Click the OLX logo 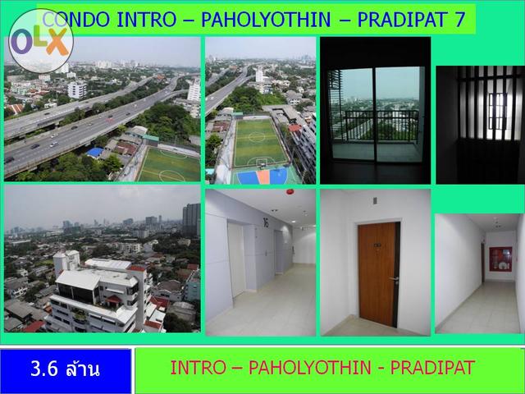tap(41, 41)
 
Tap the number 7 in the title tap(459, 19)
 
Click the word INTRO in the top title tap(146, 19)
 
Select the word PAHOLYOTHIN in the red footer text tap(310, 368)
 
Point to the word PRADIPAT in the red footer tap(432, 368)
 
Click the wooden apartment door tap(379, 274)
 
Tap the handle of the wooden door tap(393, 279)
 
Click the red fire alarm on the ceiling tap(290, 192)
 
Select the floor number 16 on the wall tap(266, 222)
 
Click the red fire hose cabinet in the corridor tap(500, 259)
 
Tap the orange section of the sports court tap(263, 176)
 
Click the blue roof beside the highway tap(95, 153)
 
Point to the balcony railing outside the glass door tap(381, 126)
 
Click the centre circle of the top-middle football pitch tap(257, 137)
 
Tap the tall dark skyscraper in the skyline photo tap(191, 219)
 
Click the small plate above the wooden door tap(375, 200)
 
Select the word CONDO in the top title tap(76, 19)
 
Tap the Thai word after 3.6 tap(83, 369)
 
